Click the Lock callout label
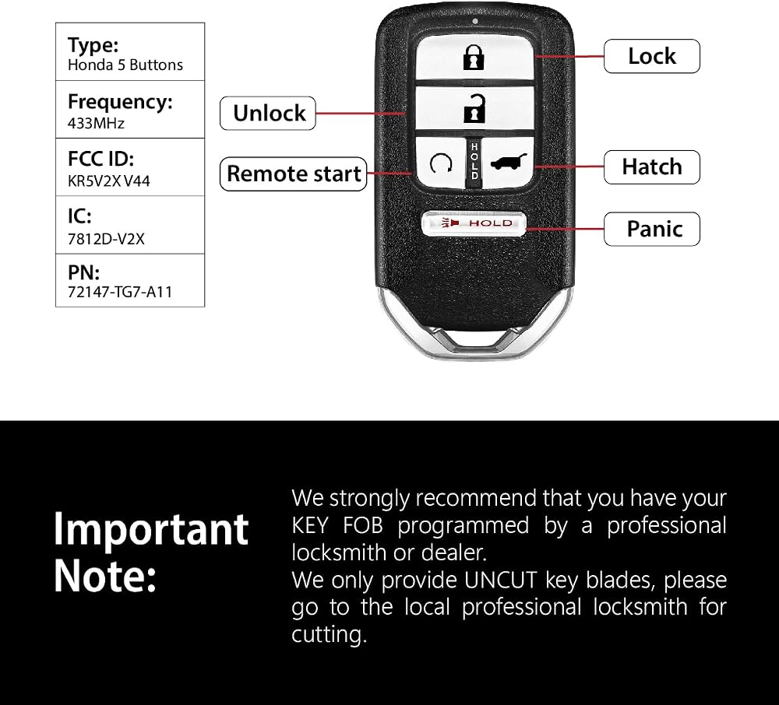click(x=652, y=56)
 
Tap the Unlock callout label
click(x=268, y=113)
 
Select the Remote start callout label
click(x=294, y=174)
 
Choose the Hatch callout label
click(x=652, y=167)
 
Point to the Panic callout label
click(x=652, y=229)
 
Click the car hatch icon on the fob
click(x=509, y=162)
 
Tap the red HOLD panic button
click(x=474, y=223)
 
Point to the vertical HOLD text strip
click(x=474, y=161)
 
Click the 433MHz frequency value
click(x=96, y=123)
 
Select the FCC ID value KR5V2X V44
click(x=109, y=181)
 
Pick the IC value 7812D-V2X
click(x=106, y=239)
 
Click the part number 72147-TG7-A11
click(x=120, y=292)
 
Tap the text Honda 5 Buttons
click(x=125, y=65)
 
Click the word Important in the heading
click(x=151, y=529)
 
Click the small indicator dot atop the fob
click(x=475, y=21)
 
